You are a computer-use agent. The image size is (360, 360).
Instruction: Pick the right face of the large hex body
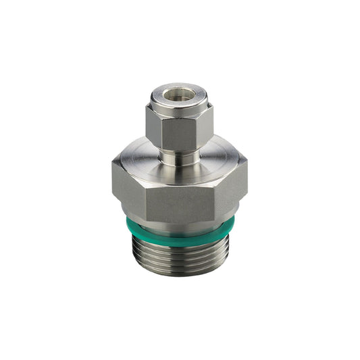tap(230, 186)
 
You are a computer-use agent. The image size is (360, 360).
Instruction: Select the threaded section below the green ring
tap(181, 257)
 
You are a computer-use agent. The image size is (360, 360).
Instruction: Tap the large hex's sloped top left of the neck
tap(138, 159)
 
